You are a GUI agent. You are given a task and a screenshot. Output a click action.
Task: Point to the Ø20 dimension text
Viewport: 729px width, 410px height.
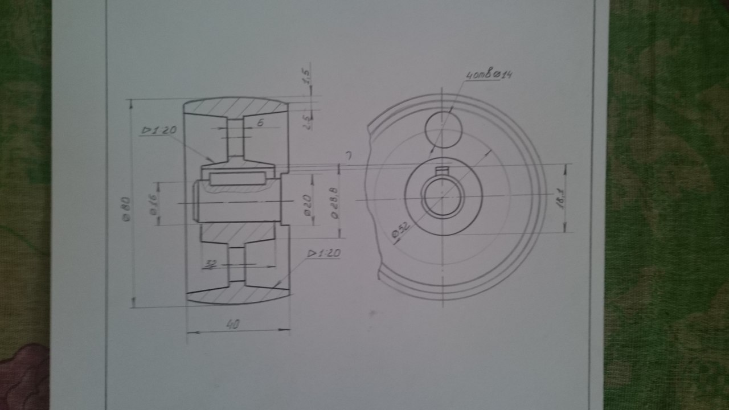[x=306, y=204]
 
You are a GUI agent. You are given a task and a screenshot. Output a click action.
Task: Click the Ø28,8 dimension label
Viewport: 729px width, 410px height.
[x=335, y=202]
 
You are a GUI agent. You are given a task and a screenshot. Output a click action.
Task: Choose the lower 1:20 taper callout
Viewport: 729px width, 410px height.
[x=323, y=253]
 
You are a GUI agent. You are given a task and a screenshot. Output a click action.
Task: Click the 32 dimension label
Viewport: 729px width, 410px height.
[x=211, y=264]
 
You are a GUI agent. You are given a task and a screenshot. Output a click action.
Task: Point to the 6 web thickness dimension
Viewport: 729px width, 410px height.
[x=259, y=122]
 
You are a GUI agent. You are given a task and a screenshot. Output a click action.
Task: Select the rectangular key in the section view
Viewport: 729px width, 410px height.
[x=237, y=179]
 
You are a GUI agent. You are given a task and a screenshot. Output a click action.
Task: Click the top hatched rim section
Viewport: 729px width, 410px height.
[x=236, y=108]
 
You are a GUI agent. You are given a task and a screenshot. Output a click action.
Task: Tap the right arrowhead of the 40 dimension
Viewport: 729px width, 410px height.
[x=286, y=329]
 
